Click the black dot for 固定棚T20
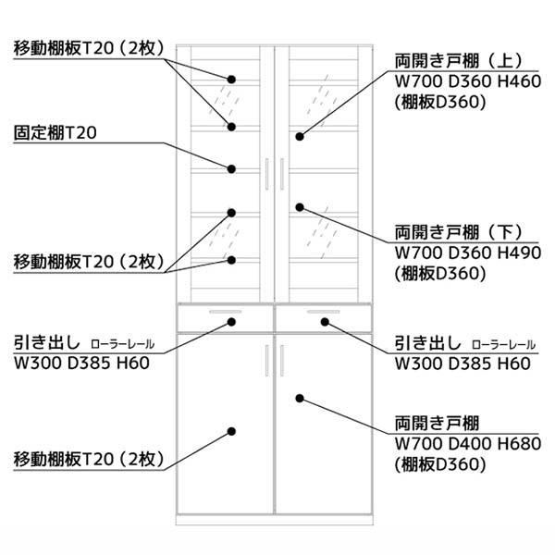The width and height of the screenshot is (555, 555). coord(232,168)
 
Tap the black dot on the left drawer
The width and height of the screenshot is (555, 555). coord(232,323)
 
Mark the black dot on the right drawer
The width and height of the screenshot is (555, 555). coord(327,323)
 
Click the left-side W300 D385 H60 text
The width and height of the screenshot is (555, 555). coord(81,362)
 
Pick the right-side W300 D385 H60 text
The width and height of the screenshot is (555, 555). coord(462,362)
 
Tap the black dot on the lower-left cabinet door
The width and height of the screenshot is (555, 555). coord(232,431)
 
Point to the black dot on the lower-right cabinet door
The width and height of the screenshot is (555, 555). coord(300,399)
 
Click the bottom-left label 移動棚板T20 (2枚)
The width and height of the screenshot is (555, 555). coord(89,459)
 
